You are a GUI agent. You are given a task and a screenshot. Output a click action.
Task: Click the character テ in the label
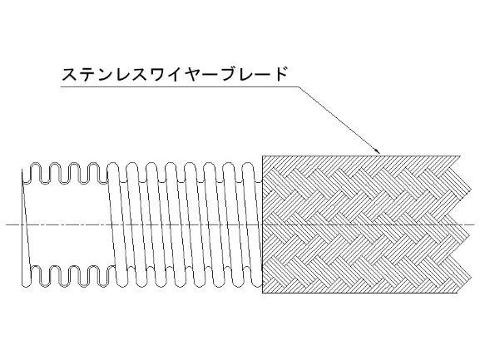87,74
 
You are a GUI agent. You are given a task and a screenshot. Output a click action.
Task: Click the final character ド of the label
280,74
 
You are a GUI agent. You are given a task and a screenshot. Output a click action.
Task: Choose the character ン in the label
105,75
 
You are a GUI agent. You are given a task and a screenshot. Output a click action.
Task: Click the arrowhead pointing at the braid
377,150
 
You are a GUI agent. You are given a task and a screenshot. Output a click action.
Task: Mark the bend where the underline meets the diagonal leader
299,86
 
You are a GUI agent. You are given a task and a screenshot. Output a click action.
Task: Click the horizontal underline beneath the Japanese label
180,86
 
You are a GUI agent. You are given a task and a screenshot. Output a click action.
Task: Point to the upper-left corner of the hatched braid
262,156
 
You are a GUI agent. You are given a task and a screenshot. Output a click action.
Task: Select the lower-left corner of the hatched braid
262,293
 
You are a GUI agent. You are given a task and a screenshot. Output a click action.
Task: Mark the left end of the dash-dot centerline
6,224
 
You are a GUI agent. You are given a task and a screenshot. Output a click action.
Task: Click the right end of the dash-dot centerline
476,224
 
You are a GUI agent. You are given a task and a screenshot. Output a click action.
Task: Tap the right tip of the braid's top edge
460,156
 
